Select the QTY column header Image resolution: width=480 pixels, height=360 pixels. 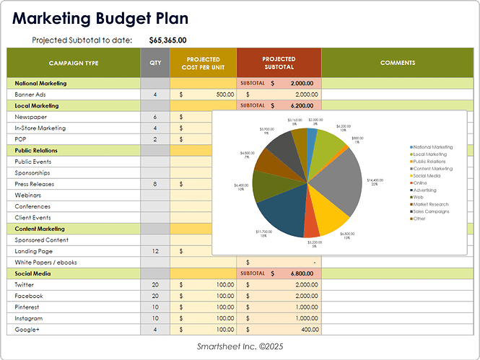coord(155,63)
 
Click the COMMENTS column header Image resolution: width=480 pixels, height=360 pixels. coord(397,63)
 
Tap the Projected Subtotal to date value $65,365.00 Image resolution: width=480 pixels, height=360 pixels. coord(167,40)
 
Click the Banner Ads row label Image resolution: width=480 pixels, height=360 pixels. coord(30,95)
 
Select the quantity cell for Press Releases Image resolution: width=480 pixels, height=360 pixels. coord(155,184)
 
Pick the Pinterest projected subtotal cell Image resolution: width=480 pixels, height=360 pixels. coord(279,307)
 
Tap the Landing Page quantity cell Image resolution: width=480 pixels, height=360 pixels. coord(155,251)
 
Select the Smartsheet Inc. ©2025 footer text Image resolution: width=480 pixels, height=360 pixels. coord(240,347)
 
